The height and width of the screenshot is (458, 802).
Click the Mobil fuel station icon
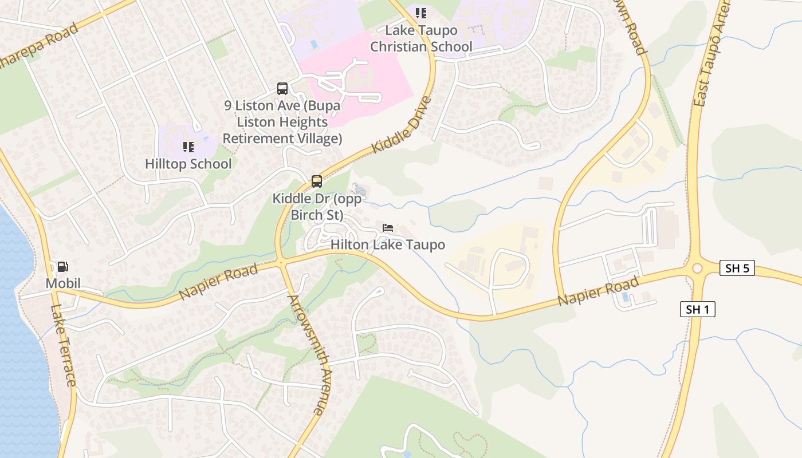pyautogui.click(x=62, y=266)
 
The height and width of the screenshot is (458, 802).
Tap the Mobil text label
pyautogui.click(x=63, y=283)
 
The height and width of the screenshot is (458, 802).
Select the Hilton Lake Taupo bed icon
pyautogui.click(x=388, y=228)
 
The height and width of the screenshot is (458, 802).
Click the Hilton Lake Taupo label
pyautogui.click(x=388, y=245)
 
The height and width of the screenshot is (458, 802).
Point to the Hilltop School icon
pyautogui.click(x=188, y=147)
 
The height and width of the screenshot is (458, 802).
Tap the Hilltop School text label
pyautogui.click(x=188, y=164)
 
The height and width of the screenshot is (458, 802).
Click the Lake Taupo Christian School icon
pyautogui.click(x=421, y=13)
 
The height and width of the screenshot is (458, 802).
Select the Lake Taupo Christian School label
pyautogui.click(x=421, y=38)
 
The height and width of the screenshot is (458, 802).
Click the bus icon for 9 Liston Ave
pyautogui.click(x=282, y=89)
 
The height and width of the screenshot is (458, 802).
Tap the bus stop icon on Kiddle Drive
pyautogui.click(x=317, y=181)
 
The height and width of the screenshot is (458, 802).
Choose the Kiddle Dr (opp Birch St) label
pyautogui.click(x=317, y=207)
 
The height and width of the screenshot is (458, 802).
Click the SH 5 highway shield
pyautogui.click(x=737, y=268)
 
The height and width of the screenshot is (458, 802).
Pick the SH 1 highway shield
pyautogui.click(x=697, y=310)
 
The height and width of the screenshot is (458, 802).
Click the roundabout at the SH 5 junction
pyautogui.click(x=697, y=269)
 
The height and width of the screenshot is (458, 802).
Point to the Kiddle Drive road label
pyautogui.click(x=401, y=125)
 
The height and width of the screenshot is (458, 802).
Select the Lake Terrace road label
pyautogui.click(x=62, y=345)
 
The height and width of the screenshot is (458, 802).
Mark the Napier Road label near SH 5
pyautogui.click(x=598, y=291)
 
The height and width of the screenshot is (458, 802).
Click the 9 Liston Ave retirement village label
pyautogui.click(x=282, y=122)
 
